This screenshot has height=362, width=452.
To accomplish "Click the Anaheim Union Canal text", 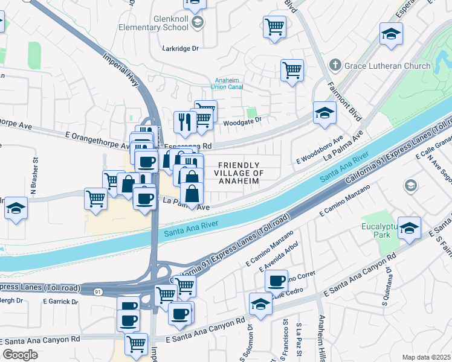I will click(233, 86).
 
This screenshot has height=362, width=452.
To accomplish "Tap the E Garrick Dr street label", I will click(60, 301).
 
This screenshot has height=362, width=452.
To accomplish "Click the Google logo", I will click(20, 355).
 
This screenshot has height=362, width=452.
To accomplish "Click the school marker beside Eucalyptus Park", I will click(409, 228).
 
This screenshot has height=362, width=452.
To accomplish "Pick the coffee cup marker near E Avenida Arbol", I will click(276, 281).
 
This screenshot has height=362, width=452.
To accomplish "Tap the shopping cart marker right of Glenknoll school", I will click(274, 27).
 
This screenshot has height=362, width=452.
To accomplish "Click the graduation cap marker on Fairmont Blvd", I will click(324, 112).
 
